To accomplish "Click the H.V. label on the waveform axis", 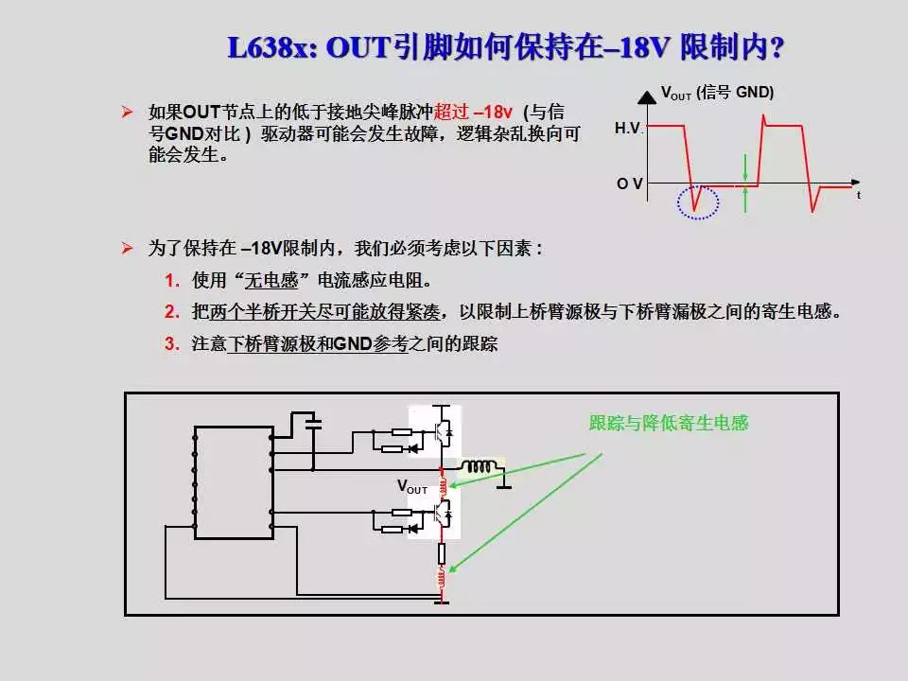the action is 628,128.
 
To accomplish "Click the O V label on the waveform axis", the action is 630,183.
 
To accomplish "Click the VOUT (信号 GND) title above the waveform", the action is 717,94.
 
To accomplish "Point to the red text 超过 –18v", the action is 473,113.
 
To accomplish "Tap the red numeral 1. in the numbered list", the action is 171,281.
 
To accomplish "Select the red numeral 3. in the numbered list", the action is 171,344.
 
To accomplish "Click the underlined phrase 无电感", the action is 271,281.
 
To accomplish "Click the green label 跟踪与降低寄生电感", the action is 668,423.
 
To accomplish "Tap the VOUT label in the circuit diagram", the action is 412,487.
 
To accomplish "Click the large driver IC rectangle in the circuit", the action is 233,481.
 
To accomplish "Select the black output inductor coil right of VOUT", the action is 480,466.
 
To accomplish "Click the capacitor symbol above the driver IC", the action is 313,423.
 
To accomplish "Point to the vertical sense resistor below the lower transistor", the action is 441,553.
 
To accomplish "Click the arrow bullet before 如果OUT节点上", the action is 128,113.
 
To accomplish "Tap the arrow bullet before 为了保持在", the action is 128,249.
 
